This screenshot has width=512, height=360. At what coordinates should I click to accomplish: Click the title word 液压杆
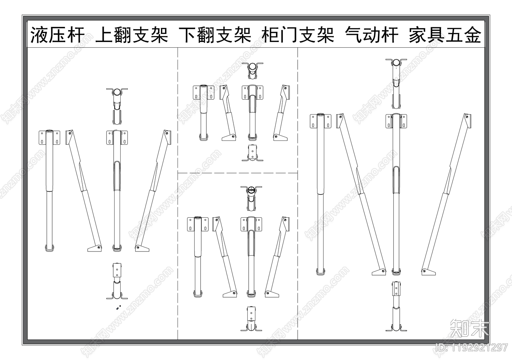click(x=57, y=35)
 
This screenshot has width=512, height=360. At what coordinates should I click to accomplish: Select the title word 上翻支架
click(x=132, y=35)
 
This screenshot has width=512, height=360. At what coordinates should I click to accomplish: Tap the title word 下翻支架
click(x=215, y=35)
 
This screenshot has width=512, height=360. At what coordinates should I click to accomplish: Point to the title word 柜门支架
click(x=298, y=35)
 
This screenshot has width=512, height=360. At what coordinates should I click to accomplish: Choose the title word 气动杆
click(x=372, y=35)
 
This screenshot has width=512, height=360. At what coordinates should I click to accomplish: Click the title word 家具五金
click(x=445, y=35)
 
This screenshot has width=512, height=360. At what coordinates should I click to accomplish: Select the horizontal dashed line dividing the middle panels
click(x=237, y=173)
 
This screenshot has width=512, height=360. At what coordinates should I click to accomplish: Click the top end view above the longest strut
click(x=396, y=83)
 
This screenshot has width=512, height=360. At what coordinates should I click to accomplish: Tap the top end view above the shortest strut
click(x=252, y=71)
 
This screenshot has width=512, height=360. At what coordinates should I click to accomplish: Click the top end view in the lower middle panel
click(x=252, y=199)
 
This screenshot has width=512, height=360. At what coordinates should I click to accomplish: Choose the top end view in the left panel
click(x=117, y=106)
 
